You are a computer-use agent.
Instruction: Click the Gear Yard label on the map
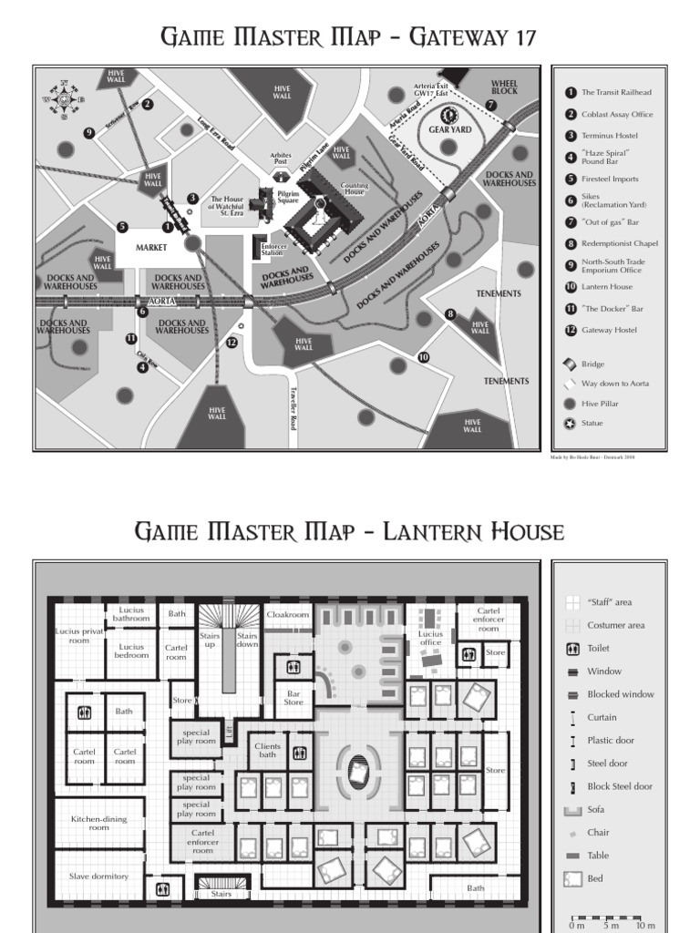click(x=448, y=130)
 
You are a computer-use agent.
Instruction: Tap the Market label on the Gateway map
click(x=153, y=247)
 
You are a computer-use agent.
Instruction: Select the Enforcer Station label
click(x=274, y=249)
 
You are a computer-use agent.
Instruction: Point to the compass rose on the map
click(x=64, y=99)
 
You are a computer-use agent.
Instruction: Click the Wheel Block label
click(x=504, y=87)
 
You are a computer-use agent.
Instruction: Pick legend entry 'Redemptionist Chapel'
click(x=619, y=243)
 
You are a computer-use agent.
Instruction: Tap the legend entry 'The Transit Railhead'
click(x=616, y=92)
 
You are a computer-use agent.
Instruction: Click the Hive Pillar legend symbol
click(x=571, y=404)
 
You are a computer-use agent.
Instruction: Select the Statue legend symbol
click(x=571, y=424)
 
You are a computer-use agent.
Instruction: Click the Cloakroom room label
click(x=287, y=614)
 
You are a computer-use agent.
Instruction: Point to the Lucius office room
click(x=430, y=638)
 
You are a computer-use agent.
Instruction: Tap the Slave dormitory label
click(x=98, y=876)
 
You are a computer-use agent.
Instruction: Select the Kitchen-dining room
click(x=98, y=823)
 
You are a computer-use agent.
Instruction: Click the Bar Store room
click(x=293, y=698)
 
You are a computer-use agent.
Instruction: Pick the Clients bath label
click(x=267, y=750)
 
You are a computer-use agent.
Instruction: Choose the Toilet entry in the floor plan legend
click(x=599, y=649)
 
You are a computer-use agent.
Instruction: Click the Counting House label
click(x=355, y=189)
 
